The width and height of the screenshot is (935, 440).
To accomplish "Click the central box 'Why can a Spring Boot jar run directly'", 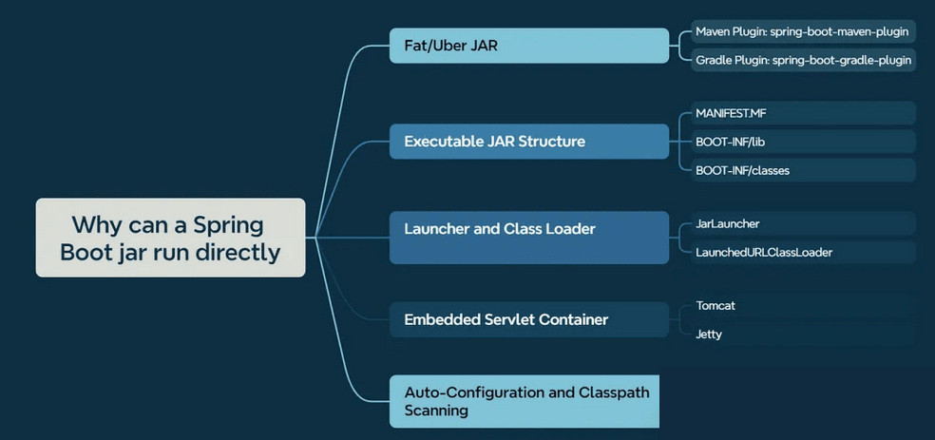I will click(x=170, y=238).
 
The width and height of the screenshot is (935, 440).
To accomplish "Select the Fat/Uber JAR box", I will click(x=529, y=46).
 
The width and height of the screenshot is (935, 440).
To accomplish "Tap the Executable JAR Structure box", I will click(x=529, y=142).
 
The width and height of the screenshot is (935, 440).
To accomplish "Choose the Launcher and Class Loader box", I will click(x=529, y=237).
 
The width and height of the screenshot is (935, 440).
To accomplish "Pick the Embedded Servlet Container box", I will click(x=529, y=319).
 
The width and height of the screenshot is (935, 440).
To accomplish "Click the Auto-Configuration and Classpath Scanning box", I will click(x=525, y=401).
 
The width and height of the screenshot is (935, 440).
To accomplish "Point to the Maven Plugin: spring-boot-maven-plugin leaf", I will click(x=801, y=31).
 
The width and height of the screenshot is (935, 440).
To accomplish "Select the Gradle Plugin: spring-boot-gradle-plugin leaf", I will click(x=801, y=60).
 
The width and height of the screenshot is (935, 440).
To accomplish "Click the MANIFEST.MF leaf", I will click(x=796, y=113).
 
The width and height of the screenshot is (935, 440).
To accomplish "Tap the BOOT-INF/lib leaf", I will click(x=796, y=142).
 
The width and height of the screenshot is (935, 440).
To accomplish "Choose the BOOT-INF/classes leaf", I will click(x=796, y=170).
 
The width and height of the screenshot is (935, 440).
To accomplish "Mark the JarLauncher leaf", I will click(x=796, y=223).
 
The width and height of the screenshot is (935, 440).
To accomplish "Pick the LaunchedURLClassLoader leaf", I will click(x=796, y=252).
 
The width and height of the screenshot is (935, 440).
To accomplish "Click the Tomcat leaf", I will click(x=796, y=306).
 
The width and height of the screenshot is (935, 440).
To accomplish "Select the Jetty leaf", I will click(x=796, y=335).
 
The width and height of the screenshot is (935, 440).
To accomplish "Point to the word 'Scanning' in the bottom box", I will click(x=436, y=411).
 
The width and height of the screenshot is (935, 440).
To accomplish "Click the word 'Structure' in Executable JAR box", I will click(x=552, y=142).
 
